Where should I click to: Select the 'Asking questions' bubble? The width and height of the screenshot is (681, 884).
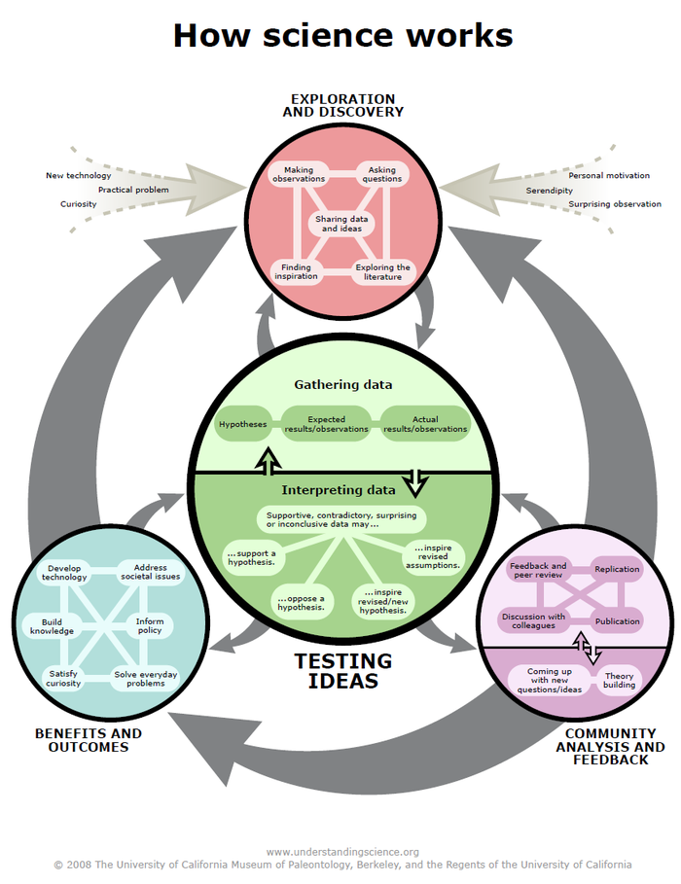[381, 174]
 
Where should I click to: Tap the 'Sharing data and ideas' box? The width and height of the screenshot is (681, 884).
[341, 224]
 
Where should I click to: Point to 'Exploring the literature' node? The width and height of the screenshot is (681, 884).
[383, 272]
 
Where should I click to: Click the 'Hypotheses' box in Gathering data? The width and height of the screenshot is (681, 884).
[242, 424]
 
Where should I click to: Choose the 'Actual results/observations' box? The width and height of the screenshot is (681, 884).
[425, 424]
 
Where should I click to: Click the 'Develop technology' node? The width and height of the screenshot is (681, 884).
[64, 572]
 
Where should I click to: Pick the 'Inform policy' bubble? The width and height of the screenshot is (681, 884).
[149, 625]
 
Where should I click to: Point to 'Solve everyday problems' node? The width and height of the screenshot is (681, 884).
[139, 678]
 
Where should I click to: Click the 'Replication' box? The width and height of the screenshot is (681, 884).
[617, 569]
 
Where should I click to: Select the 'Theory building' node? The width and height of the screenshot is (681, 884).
[620, 680]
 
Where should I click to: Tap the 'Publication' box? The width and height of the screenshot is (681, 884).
[617, 620]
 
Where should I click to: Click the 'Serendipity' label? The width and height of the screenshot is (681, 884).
[550, 191]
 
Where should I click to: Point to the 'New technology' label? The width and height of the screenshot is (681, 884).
[78, 176]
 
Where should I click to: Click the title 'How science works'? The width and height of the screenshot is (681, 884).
[342, 35]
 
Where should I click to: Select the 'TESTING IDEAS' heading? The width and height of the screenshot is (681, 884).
[342, 671]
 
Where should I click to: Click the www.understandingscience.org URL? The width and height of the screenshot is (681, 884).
[342, 852]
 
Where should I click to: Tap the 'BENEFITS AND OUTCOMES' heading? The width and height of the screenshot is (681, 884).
[88, 740]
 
